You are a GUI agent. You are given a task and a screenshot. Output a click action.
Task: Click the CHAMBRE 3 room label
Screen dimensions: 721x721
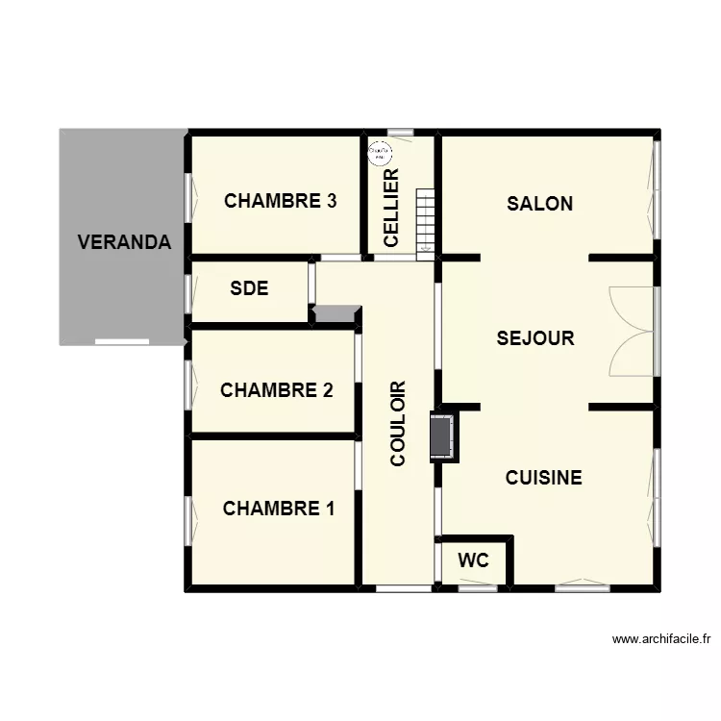point(280,201)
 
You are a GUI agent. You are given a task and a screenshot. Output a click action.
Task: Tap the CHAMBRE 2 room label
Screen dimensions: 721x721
point(277,390)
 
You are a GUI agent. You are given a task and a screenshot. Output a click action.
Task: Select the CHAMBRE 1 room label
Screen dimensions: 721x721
point(279,509)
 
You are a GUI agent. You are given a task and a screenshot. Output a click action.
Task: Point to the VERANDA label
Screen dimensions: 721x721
point(124,242)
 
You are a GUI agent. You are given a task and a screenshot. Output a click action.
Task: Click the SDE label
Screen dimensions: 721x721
point(249,288)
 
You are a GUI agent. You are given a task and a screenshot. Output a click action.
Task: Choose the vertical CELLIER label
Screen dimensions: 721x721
point(390,209)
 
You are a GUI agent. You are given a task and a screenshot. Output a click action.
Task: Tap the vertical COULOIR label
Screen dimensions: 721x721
point(398,424)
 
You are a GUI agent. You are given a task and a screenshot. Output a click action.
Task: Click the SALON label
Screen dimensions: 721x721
point(540,204)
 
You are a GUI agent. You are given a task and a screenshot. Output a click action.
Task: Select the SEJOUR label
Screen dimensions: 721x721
point(535,338)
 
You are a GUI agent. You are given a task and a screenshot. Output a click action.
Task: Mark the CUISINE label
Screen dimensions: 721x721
point(543,478)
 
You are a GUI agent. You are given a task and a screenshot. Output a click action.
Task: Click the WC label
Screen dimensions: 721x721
point(473,560)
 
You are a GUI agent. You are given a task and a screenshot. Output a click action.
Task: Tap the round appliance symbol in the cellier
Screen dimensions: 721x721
point(379,152)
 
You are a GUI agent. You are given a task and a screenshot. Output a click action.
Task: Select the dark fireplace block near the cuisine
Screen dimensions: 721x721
point(441,435)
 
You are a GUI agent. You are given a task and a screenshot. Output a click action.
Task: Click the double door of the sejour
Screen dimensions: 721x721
point(632,331)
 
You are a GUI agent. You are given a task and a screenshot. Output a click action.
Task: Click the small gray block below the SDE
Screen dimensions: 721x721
point(335,314)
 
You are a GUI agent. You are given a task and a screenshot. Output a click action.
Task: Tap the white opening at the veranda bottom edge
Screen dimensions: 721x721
point(122,341)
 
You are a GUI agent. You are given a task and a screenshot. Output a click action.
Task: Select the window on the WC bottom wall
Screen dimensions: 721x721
point(478,587)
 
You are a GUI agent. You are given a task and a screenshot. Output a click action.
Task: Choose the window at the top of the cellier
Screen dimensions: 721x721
point(400,133)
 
